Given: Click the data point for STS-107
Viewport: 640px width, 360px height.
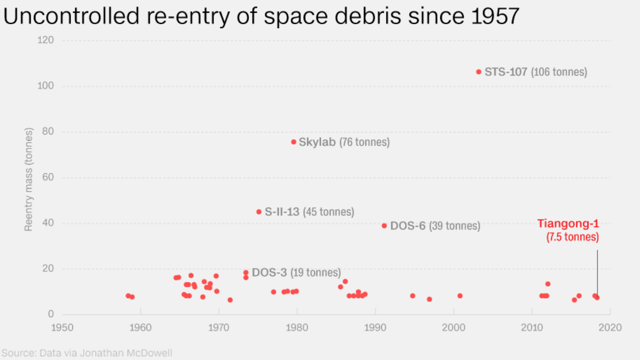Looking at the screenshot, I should (x=479, y=72).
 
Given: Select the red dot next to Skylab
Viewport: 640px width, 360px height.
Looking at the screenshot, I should (x=294, y=142).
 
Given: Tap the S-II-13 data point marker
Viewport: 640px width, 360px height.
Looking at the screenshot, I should (x=259, y=212).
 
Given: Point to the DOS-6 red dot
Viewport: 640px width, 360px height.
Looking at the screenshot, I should (x=384, y=226).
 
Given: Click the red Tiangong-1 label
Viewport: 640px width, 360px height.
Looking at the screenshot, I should (x=568, y=223).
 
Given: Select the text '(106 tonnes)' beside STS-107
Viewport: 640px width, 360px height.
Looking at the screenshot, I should (x=559, y=72).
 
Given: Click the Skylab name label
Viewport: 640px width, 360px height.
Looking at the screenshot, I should (x=317, y=142).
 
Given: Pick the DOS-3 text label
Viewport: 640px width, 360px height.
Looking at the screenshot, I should (x=269, y=273).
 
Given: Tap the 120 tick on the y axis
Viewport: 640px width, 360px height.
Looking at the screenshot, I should (x=46, y=40).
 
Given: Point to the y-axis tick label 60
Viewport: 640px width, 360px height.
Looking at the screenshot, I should (x=48, y=177).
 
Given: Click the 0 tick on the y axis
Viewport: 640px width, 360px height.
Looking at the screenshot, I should (x=51, y=314).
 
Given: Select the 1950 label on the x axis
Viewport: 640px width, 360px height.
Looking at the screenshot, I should (x=62, y=327).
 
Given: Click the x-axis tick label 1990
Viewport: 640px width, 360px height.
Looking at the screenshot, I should (x=375, y=327).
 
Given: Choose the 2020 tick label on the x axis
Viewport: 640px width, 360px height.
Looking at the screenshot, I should (x=610, y=327).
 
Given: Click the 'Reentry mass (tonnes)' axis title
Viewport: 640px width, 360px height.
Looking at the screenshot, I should (x=28, y=179).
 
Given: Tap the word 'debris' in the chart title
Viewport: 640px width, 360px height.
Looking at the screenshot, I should (x=369, y=16).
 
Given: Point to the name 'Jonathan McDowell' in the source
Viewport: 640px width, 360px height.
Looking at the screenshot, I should (x=126, y=353).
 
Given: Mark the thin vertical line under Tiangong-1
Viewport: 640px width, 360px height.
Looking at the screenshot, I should (x=597, y=271).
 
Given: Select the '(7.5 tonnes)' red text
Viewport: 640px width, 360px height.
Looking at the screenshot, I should (x=572, y=237).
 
